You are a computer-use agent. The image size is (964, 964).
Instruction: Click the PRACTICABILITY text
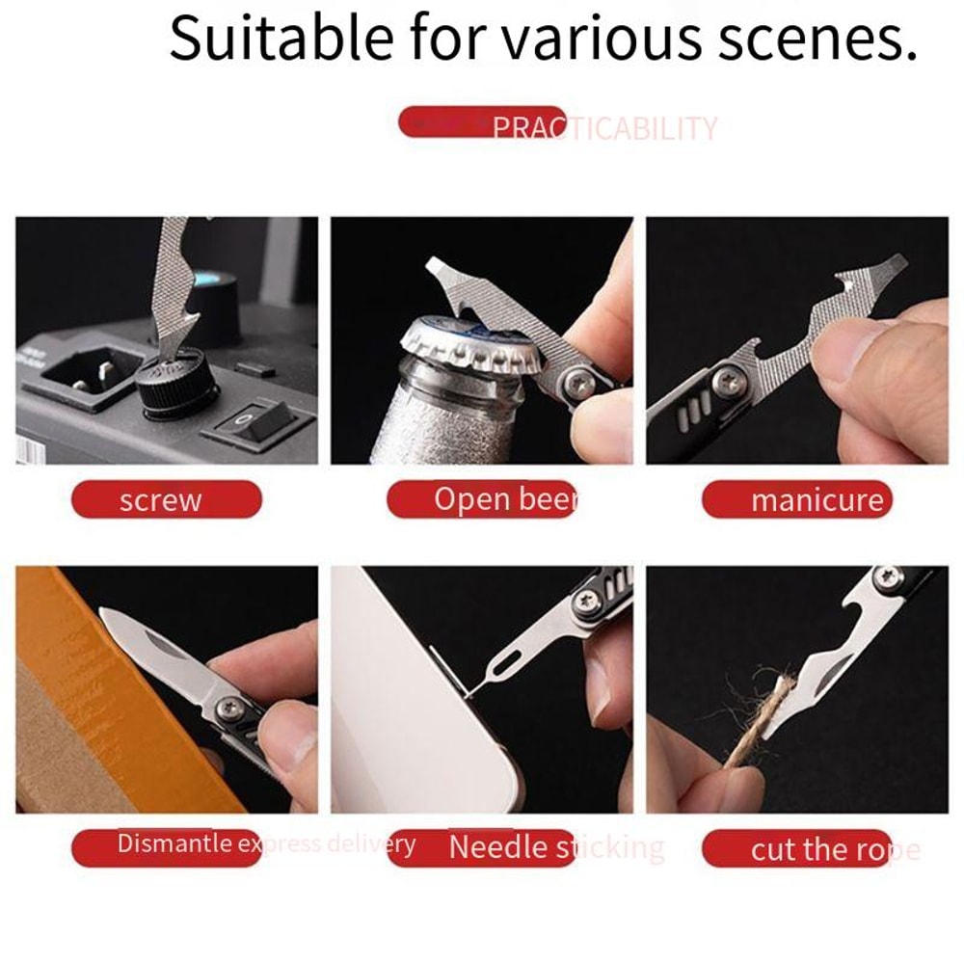click(x=604, y=128)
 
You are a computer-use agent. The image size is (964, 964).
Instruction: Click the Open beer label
click(x=482, y=499)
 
